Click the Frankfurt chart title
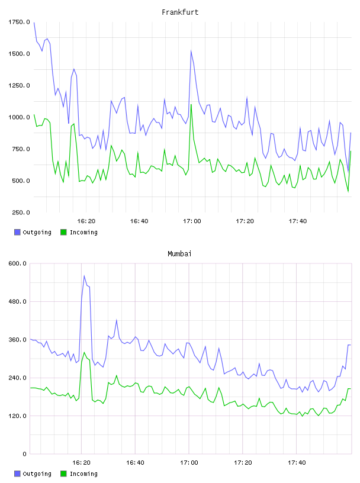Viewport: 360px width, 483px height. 180,12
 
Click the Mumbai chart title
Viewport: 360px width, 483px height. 179,253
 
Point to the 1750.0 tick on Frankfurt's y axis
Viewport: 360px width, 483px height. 19,22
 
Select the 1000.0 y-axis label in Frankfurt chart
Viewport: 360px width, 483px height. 19,117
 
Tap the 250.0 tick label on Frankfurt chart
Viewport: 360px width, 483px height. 21,212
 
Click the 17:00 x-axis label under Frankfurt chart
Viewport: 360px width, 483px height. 192,221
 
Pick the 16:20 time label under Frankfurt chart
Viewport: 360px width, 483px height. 86,221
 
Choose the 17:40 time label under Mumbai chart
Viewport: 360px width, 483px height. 297,462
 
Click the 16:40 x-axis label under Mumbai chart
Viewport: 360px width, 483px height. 135,462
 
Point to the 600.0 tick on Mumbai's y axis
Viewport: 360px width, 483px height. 18,263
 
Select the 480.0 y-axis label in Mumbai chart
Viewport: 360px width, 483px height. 18,301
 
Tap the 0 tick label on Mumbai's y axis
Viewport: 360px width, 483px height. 25,454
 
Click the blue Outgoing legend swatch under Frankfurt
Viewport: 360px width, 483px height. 17,232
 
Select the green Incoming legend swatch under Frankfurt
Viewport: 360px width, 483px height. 63,232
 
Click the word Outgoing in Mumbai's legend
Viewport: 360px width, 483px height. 37,474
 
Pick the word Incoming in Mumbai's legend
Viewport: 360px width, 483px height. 83,474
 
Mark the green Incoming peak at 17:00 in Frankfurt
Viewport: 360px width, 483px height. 191,104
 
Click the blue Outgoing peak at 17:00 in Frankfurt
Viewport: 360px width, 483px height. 191,51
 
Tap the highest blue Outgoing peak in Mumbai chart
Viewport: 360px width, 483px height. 84,276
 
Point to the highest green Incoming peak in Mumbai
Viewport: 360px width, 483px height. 84,352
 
